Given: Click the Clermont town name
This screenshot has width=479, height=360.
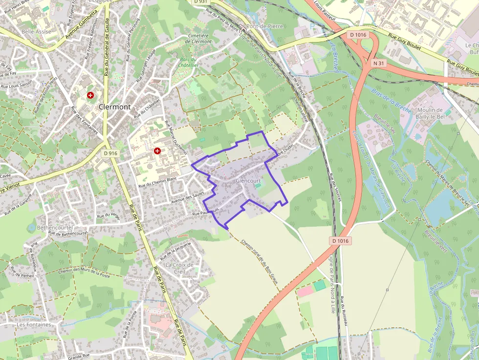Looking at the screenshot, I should click(114, 106).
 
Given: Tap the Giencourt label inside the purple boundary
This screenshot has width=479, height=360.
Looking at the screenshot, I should click(248, 181).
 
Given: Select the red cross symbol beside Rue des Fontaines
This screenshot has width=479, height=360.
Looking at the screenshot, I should click(90, 95).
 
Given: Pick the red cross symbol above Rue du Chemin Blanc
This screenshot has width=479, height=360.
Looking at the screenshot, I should click(157, 151).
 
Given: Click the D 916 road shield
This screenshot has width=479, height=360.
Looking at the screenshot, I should click(111, 153).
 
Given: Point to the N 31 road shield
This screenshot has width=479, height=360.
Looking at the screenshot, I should click(378, 63).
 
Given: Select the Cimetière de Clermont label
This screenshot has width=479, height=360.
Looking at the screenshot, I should click(199, 39).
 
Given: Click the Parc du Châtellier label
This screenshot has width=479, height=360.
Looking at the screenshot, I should click(188, 62).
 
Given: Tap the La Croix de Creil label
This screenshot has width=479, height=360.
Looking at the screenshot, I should click(179, 268).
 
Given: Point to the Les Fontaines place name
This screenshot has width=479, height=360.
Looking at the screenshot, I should click(34, 324).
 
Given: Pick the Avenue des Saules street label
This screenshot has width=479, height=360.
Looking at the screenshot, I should click(187, 197).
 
